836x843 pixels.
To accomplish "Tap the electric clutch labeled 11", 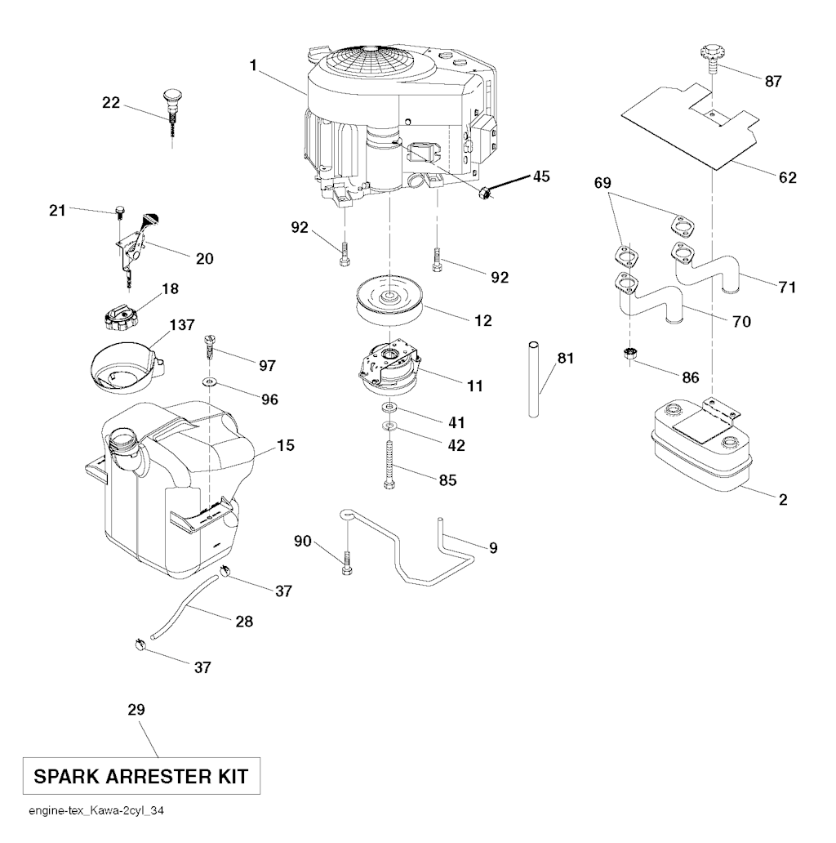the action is [389, 366].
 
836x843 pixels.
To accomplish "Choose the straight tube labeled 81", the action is [533, 378].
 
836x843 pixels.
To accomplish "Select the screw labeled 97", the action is [210, 349].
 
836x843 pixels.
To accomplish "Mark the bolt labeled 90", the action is [346, 564].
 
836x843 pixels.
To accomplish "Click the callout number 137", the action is [182, 325].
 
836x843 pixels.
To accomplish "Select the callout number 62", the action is [787, 177].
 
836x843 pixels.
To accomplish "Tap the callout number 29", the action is [136, 710].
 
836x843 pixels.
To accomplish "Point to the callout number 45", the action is [541, 176].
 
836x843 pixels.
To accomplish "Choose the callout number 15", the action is [285, 445].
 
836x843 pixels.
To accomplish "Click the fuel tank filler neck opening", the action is [125, 438].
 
